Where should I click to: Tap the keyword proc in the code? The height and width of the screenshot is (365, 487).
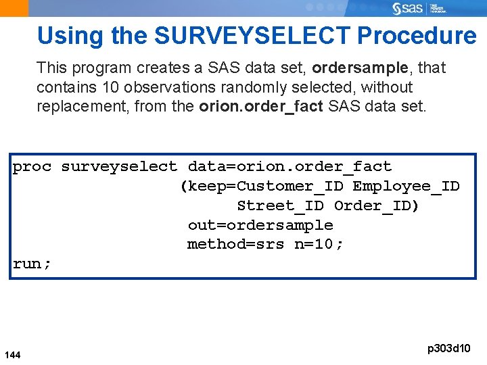(32, 166)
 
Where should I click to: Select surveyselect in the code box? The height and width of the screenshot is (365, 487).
(119, 166)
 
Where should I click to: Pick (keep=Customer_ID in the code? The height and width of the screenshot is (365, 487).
(261, 186)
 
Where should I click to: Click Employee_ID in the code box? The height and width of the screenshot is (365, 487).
(406, 186)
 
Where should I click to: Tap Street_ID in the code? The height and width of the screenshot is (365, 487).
(280, 205)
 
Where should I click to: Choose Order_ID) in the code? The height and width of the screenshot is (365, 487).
(377, 205)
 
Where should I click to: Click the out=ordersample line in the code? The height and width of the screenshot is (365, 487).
(260, 225)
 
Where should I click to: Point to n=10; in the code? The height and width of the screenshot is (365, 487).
(319, 244)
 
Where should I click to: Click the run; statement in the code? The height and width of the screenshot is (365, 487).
(32, 264)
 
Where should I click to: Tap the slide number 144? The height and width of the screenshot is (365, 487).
(12, 355)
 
